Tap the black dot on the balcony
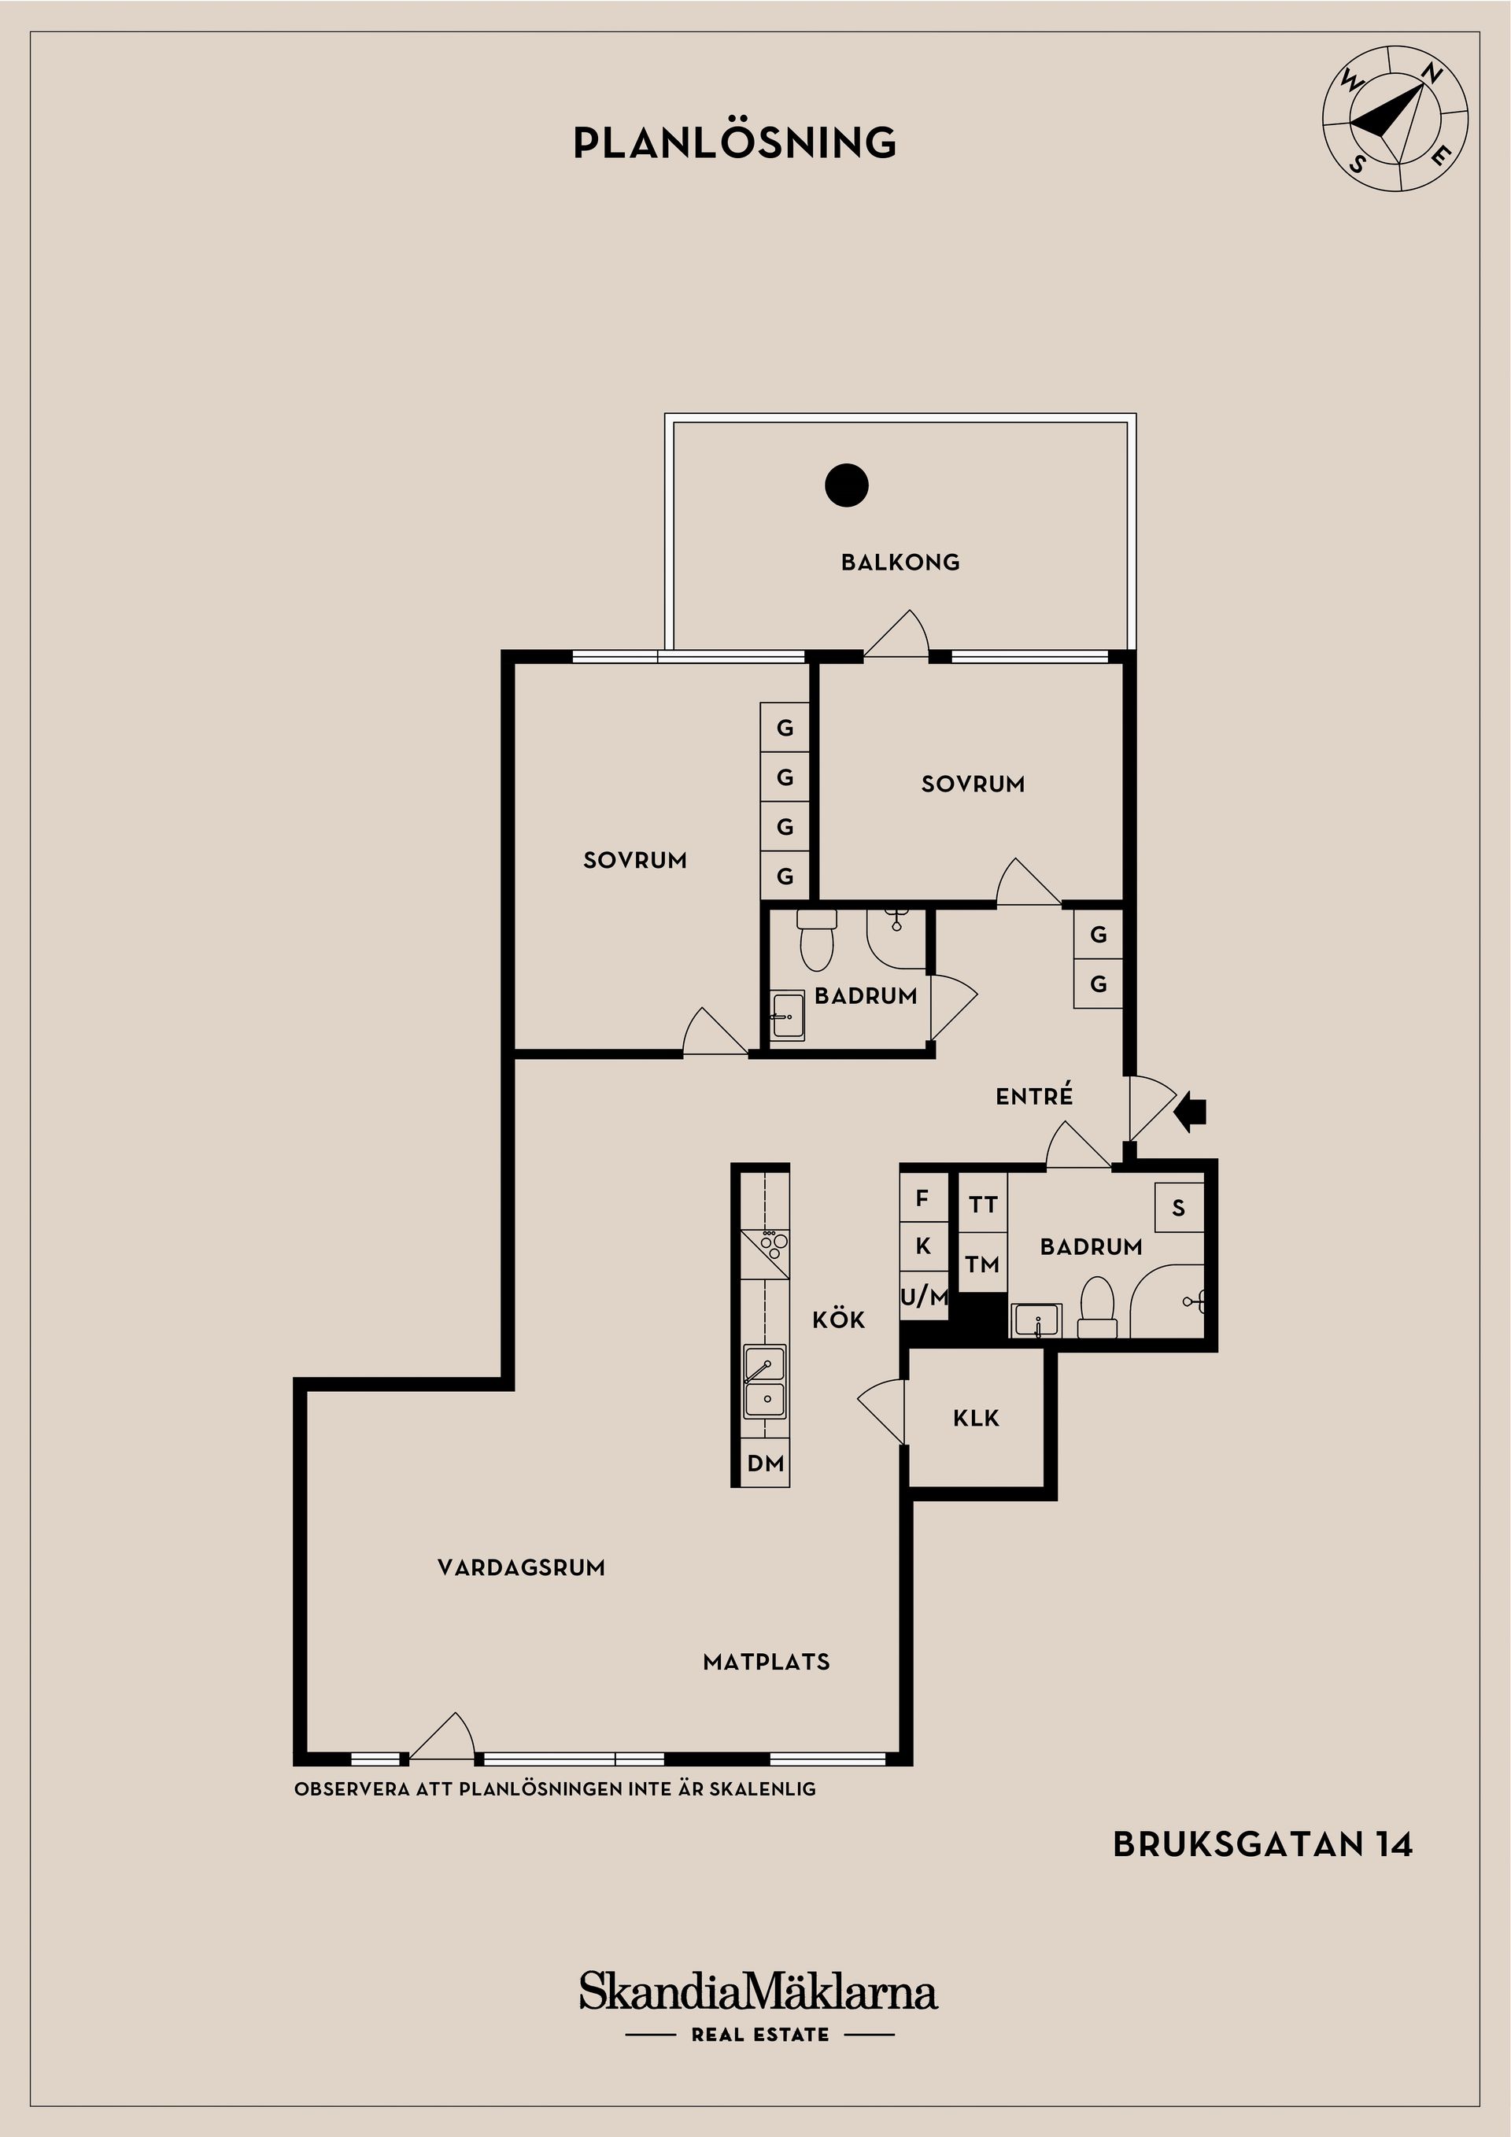pyautogui.click(x=846, y=485)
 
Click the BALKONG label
pyautogui.click(x=900, y=562)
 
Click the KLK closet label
pyautogui.click(x=976, y=1419)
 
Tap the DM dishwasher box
pyautogui.click(x=765, y=1464)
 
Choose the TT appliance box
pyautogui.click(x=983, y=1205)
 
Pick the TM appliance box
pyautogui.click(x=983, y=1264)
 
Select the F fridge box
pyautogui.click(x=922, y=1199)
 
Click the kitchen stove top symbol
pyautogui.click(x=764, y=1253)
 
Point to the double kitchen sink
pyautogui.click(x=764, y=1382)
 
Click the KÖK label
pyautogui.click(x=839, y=1319)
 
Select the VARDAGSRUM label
pyautogui.click(x=521, y=1567)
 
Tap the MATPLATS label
pyautogui.click(x=767, y=1663)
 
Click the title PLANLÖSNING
pyautogui.click(x=734, y=142)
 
